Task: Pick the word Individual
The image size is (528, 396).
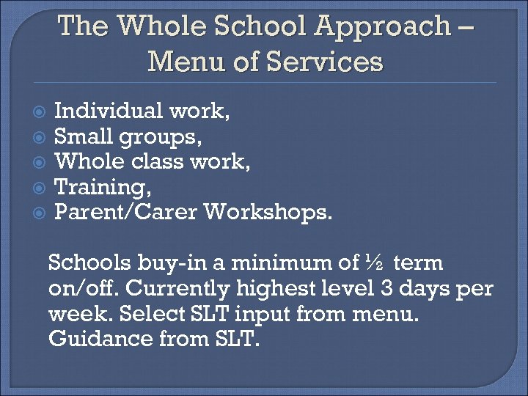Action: [x=109, y=111]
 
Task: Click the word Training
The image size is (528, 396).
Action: [x=101, y=187]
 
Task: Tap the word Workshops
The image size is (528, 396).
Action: [x=270, y=212]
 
